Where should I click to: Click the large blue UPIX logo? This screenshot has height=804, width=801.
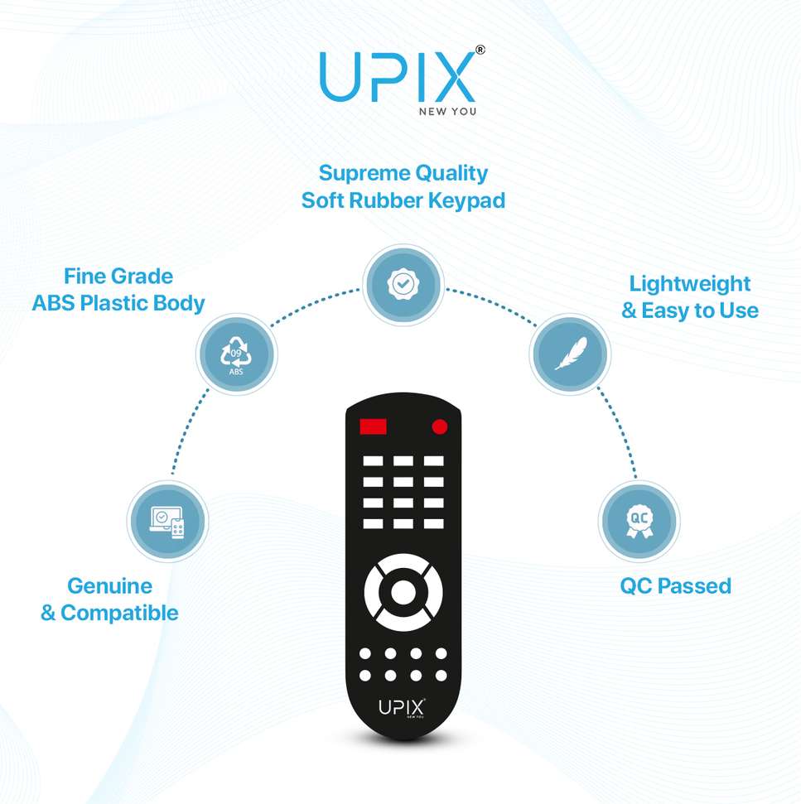(398, 76)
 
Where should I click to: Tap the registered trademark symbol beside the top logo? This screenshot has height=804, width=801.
(480, 50)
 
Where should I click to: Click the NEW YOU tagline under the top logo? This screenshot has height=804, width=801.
(447, 111)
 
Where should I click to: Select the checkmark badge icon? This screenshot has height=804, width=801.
(403, 284)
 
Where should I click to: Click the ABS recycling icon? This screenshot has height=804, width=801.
(236, 355)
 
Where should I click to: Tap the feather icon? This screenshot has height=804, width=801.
(570, 354)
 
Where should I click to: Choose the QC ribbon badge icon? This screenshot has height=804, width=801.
(639, 522)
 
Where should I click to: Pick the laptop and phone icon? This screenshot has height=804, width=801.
(167, 522)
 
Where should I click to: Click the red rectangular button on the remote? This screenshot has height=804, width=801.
(373, 426)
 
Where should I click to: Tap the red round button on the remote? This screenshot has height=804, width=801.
(440, 426)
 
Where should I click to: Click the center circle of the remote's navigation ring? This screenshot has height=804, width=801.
(403, 592)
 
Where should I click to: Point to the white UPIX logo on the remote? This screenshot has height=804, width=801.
(402, 708)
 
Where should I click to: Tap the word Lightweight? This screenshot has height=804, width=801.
(690, 284)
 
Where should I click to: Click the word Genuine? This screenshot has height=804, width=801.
(109, 586)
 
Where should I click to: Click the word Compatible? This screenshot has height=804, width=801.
(119, 613)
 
